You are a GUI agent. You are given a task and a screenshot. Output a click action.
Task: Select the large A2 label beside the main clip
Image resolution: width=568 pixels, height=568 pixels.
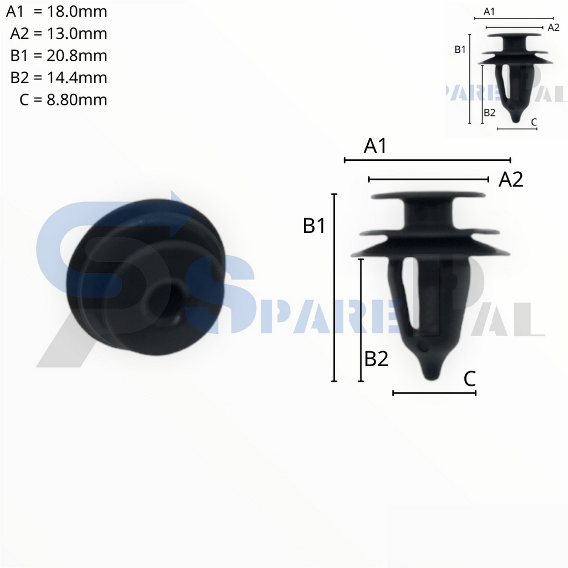511,180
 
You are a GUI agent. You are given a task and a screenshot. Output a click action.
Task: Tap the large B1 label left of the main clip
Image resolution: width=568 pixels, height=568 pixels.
314,226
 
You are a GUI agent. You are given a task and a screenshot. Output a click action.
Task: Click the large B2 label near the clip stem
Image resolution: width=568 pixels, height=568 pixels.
376,359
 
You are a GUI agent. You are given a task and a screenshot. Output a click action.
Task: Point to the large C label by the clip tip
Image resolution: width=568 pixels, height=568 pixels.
469,379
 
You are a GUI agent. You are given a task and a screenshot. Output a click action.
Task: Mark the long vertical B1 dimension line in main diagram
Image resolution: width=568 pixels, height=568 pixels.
334,288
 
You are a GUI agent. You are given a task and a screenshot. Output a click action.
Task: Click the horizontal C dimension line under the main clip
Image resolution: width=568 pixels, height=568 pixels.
434,393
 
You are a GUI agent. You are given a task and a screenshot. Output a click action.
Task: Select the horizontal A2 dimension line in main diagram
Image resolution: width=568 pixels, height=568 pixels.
428,179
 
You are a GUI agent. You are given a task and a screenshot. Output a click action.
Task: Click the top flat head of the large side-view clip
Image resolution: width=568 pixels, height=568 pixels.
428,196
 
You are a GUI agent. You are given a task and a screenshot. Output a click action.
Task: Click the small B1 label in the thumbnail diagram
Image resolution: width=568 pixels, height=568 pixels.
460,50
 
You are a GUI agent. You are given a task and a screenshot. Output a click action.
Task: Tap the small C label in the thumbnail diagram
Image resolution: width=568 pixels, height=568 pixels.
534,121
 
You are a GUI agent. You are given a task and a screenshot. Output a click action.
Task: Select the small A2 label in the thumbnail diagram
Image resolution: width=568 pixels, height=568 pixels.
553,27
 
